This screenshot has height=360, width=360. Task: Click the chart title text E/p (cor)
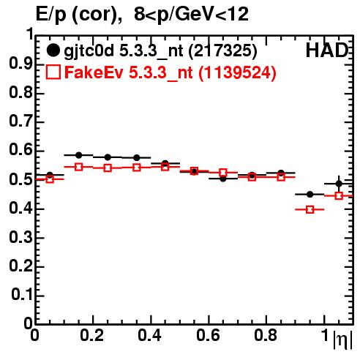click(79, 15)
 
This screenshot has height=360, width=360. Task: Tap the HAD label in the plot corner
click(327, 50)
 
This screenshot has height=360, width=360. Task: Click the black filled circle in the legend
click(53, 50)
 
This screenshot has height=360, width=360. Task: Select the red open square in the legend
click(53, 72)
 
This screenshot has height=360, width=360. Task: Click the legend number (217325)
click(222, 50)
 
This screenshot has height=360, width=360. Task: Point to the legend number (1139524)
click(237, 72)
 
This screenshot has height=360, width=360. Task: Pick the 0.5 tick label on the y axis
click(20, 180)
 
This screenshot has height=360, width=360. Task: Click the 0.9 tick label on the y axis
click(20, 64)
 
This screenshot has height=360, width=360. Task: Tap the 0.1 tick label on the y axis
click(22, 295)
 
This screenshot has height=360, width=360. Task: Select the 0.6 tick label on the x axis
click(208, 335)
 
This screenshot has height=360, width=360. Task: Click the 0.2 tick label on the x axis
click(92, 335)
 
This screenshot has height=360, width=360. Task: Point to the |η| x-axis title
click(342, 340)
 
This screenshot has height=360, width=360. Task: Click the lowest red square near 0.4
click(310, 209)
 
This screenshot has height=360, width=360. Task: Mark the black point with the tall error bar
click(339, 184)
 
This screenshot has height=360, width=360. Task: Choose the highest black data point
click(78, 155)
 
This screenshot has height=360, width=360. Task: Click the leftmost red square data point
click(50, 179)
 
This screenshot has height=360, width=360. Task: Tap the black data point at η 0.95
click(310, 195)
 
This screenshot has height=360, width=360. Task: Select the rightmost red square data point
click(339, 195)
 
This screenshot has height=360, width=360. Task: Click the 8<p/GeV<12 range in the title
click(191, 14)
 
